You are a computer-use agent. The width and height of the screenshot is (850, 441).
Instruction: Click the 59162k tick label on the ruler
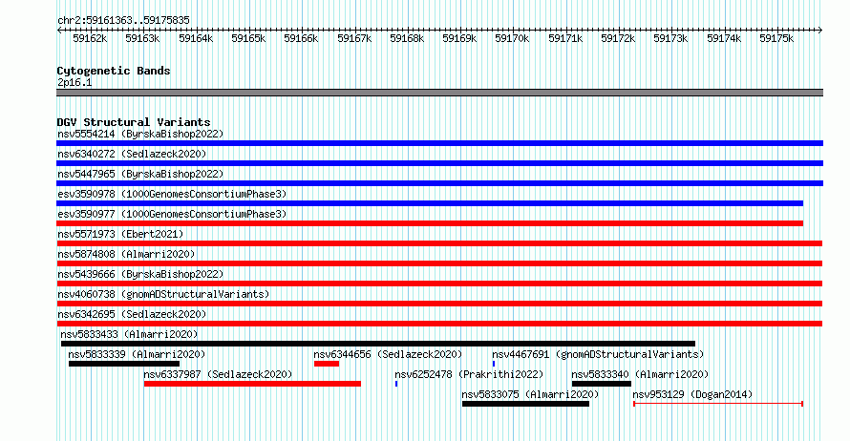point(90,38)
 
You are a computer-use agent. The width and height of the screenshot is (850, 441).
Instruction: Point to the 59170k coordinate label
point(512,38)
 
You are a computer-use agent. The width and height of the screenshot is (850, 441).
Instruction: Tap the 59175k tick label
point(776,38)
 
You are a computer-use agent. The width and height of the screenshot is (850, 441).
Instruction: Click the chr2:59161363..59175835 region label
point(123,21)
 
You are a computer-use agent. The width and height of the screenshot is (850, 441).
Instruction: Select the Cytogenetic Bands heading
point(114,71)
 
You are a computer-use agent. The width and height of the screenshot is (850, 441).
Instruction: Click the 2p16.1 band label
point(74,82)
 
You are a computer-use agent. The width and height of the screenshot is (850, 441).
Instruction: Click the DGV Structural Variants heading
point(134,122)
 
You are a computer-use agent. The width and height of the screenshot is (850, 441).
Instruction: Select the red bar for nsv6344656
point(327,364)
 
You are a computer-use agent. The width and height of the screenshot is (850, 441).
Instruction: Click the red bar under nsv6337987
point(252,384)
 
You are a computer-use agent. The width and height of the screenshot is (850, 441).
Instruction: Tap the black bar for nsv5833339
point(124,364)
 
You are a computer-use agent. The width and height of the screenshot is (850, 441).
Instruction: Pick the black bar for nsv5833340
point(602,384)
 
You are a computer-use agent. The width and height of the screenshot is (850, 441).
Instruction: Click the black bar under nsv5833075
point(526,404)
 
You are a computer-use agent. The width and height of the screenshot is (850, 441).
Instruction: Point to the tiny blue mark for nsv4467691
point(494,364)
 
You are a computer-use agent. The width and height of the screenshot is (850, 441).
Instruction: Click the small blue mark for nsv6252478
point(396,384)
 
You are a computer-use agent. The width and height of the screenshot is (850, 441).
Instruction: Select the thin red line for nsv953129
point(718,404)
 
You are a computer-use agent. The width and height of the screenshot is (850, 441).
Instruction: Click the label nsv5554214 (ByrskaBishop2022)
point(140,134)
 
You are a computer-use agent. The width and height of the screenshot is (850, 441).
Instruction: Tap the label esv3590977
point(86,214)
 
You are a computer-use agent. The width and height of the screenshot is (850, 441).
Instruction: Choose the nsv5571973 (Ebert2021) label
point(120,234)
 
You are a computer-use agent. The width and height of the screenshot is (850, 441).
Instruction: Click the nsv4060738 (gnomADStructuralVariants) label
point(163,294)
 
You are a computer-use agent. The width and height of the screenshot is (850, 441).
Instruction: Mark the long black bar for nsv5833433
point(378,344)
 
